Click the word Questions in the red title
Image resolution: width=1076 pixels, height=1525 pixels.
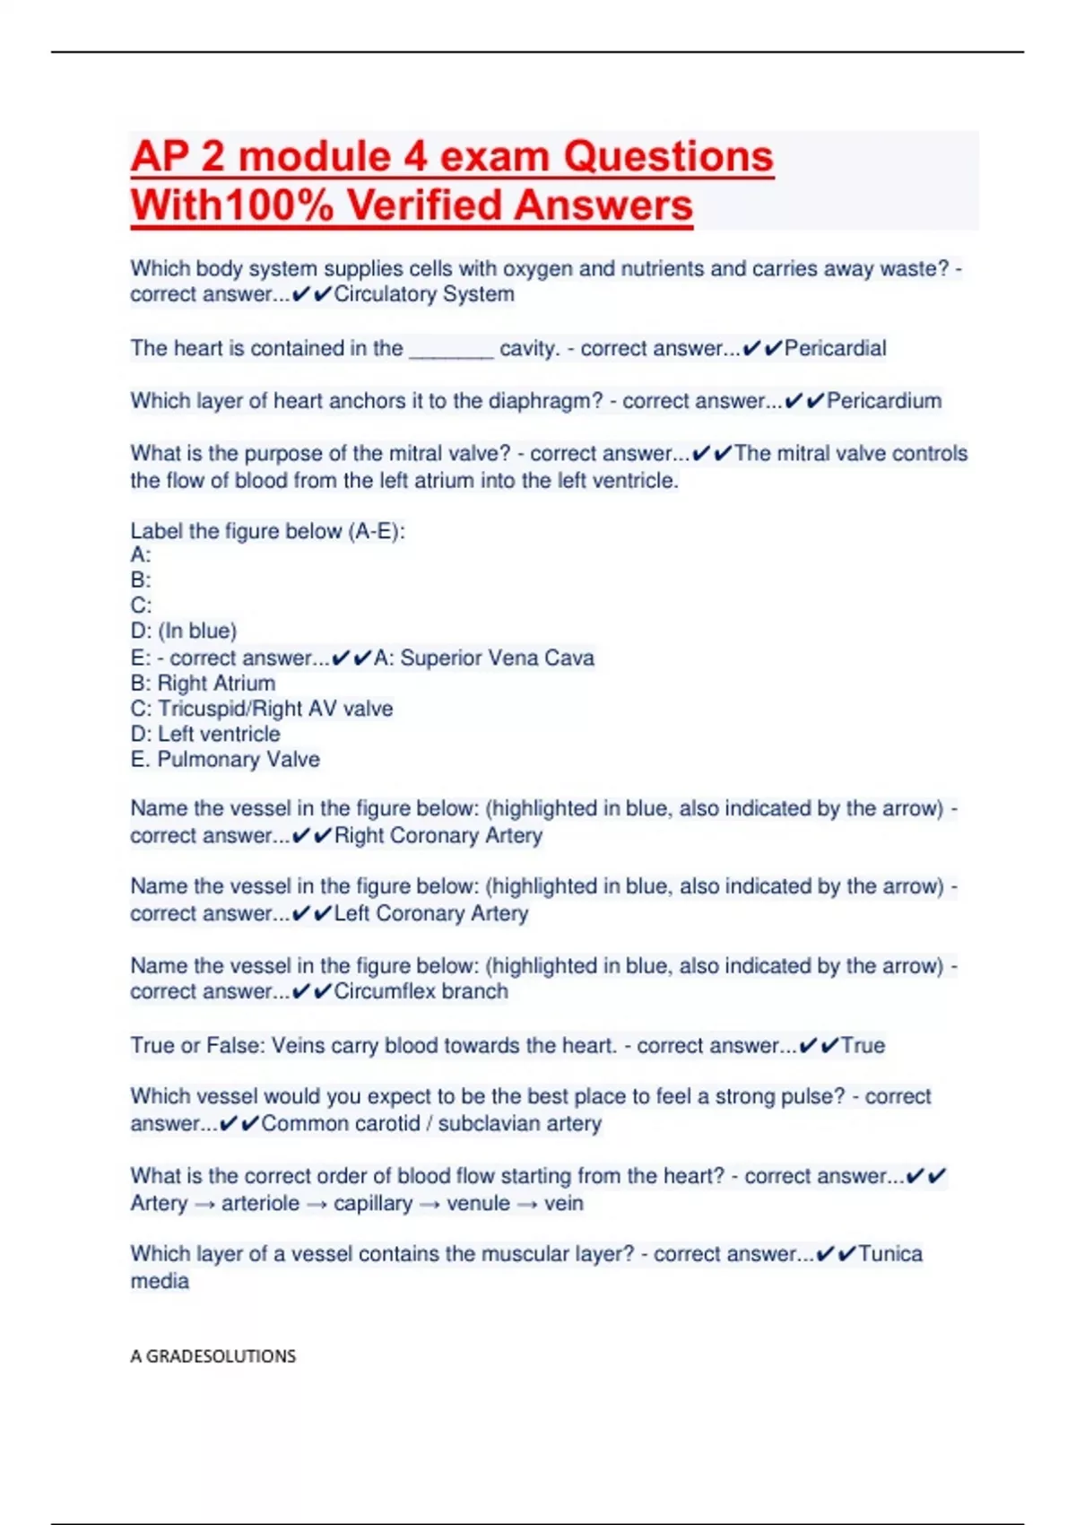click(667, 157)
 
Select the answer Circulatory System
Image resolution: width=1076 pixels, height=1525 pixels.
click(424, 294)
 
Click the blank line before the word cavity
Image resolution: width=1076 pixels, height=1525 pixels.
click(451, 349)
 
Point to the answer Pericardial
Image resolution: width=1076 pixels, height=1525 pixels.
click(835, 348)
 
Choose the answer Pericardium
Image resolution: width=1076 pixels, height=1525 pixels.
click(883, 401)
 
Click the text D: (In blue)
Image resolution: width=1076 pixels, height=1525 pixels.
click(184, 631)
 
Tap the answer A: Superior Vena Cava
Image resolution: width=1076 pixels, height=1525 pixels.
click(483, 658)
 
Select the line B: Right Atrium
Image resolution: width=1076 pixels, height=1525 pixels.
click(203, 683)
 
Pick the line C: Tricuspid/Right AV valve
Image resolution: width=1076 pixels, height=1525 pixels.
click(261, 709)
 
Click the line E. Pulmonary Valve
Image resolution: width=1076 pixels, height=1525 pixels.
click(225, 759)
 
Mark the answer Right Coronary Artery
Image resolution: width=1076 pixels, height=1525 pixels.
click(438, 835)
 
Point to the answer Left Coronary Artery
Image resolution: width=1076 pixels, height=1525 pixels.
click(431, 913)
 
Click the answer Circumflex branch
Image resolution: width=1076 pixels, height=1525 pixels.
click(421, 991)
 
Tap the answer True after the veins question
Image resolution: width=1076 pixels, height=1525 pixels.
click(863, 1045)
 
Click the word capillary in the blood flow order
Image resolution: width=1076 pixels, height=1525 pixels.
click(373, 1203)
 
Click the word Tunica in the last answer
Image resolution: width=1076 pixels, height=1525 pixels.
click(889, 1253)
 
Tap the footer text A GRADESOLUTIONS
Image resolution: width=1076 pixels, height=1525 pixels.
click(213, 1355)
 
